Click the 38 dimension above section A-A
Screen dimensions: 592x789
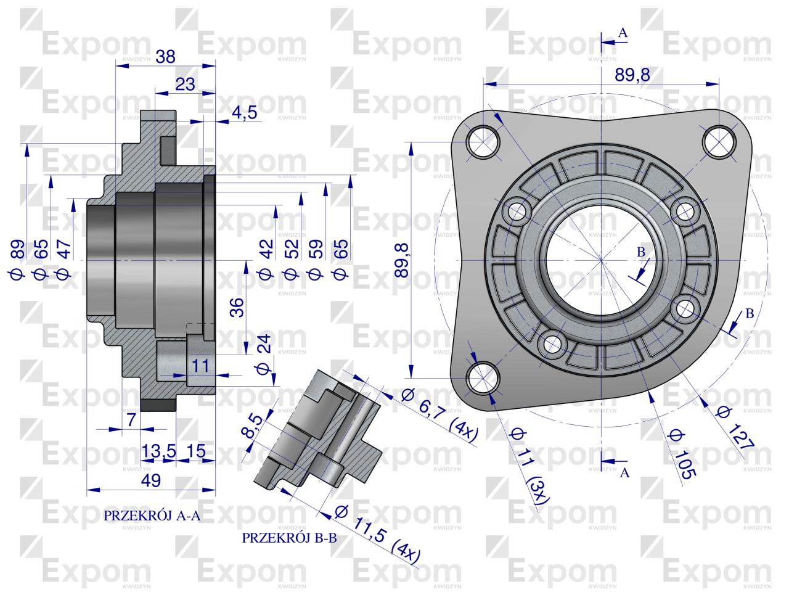165,57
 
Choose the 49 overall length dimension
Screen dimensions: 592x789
152,480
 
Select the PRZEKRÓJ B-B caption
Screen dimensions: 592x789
289,538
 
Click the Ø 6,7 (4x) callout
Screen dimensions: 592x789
439,416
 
